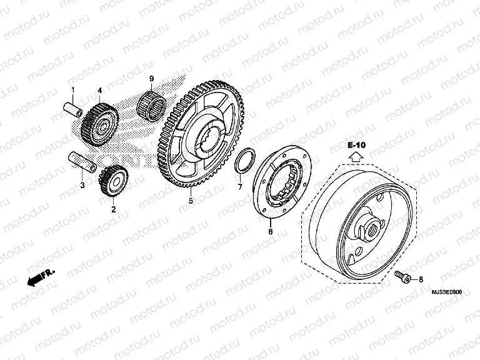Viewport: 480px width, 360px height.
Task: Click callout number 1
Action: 72,90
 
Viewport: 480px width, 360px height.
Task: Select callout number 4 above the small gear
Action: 100,91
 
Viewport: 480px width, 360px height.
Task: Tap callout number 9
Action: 151,77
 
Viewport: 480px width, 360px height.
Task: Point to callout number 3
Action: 82,185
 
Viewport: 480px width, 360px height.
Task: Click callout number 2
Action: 113,209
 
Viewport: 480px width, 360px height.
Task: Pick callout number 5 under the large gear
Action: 191,202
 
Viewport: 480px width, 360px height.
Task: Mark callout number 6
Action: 270,231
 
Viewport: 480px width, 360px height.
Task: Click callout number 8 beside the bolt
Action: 420,279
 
